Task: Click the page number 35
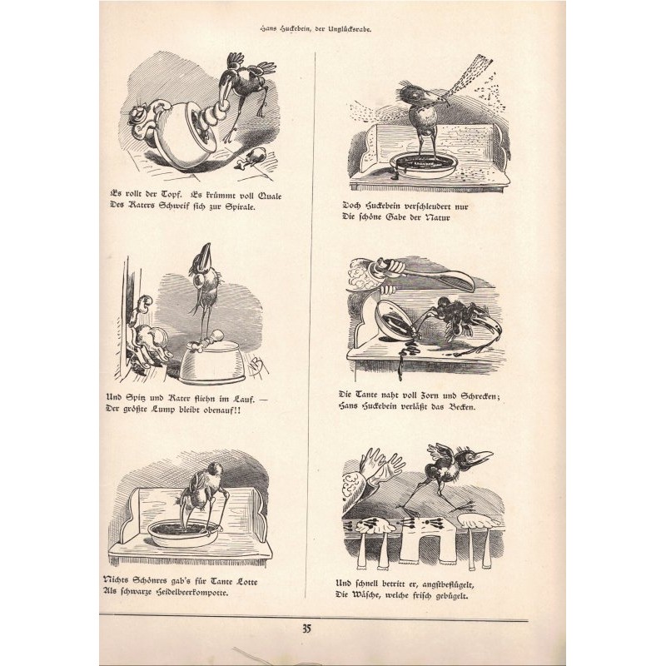click(x=306, y=629)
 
